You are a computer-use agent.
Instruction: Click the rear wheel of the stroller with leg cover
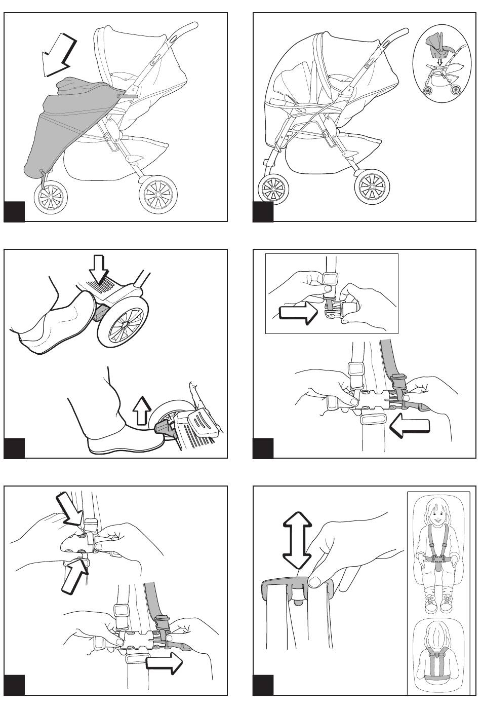[x=157, y=194]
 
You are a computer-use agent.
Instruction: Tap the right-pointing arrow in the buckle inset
[x=298, y=314]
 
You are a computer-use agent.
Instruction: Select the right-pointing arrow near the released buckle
[x=164, y=662]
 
